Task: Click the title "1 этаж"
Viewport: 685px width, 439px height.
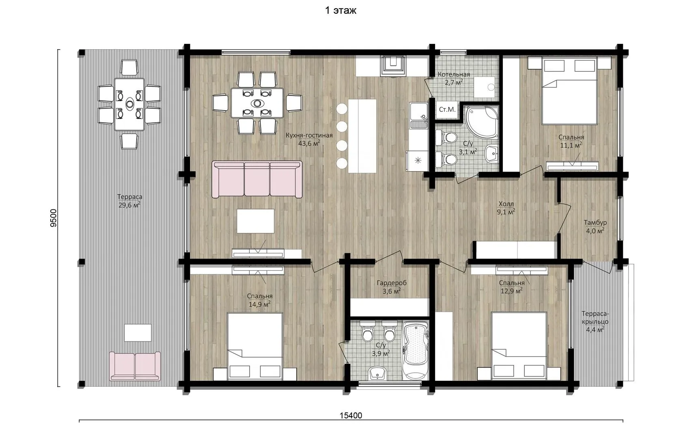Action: (x=340, y=11)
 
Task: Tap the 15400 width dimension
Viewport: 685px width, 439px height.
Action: (x=351, y=415)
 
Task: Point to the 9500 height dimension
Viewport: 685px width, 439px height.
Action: (x=54, y=218)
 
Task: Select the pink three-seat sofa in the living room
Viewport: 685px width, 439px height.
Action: (x=257, y=180)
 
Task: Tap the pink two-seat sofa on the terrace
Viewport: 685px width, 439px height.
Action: (x=135, y=366)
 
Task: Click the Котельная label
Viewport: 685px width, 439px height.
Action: (x=454, y=74)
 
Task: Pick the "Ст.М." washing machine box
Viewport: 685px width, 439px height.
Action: (x=447, y=110)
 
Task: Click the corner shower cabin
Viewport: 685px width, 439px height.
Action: (x=482, y=122)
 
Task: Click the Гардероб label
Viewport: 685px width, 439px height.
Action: (x=392, y=283)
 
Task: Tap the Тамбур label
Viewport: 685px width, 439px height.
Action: (x=595, y=222)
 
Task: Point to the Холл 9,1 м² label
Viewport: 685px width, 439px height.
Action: (x=506, y=208)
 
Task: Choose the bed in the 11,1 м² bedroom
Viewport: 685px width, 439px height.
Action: (x=569, y=91)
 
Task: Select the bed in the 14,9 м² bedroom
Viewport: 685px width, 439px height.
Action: (x=255, y=346)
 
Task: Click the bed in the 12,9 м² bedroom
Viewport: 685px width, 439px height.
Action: (x=519, y=346)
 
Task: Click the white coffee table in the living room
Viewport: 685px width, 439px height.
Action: (x=255, y=221)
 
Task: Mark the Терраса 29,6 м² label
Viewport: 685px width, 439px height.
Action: (x=130, y=201)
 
